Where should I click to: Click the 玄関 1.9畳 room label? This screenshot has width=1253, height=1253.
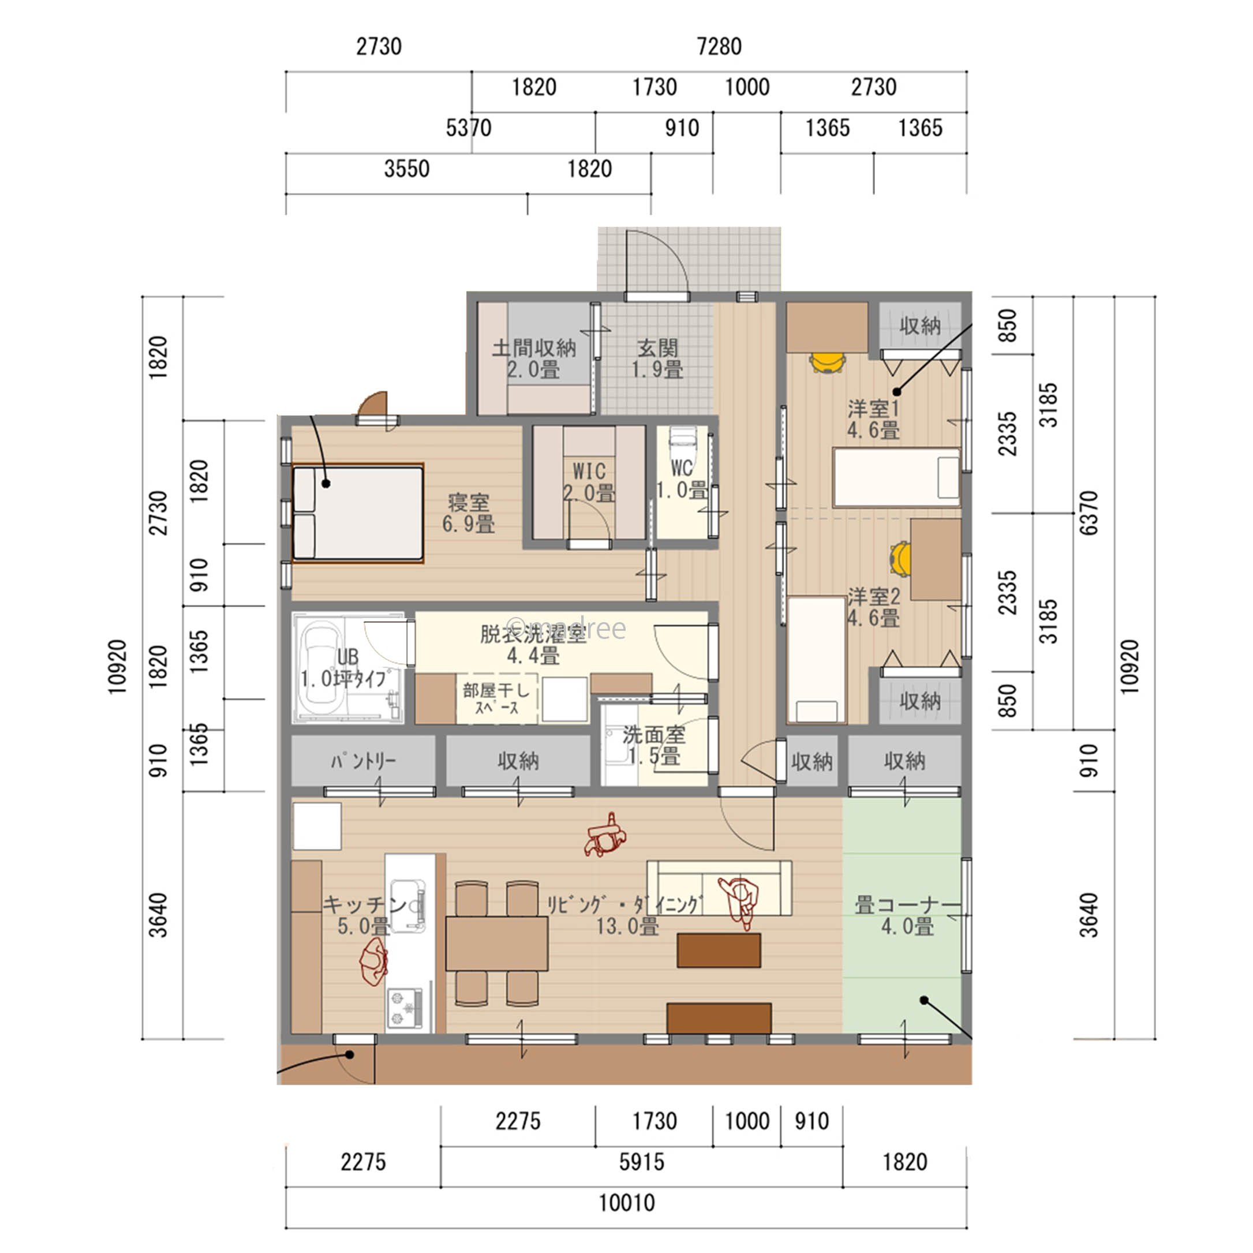point(657,358)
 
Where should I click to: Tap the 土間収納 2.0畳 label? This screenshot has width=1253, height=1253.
point(534,358)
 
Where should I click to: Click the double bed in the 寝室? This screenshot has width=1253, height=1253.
point(358,513)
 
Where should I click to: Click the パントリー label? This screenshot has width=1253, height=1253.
point(362,761)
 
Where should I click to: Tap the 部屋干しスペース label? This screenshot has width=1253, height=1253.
point(496,699)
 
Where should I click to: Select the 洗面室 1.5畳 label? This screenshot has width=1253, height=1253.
point(654,746)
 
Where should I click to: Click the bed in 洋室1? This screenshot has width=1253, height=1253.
point(896,477)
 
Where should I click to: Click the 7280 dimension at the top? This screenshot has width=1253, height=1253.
point(719,47)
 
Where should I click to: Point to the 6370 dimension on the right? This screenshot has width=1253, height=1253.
point(1090,513)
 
